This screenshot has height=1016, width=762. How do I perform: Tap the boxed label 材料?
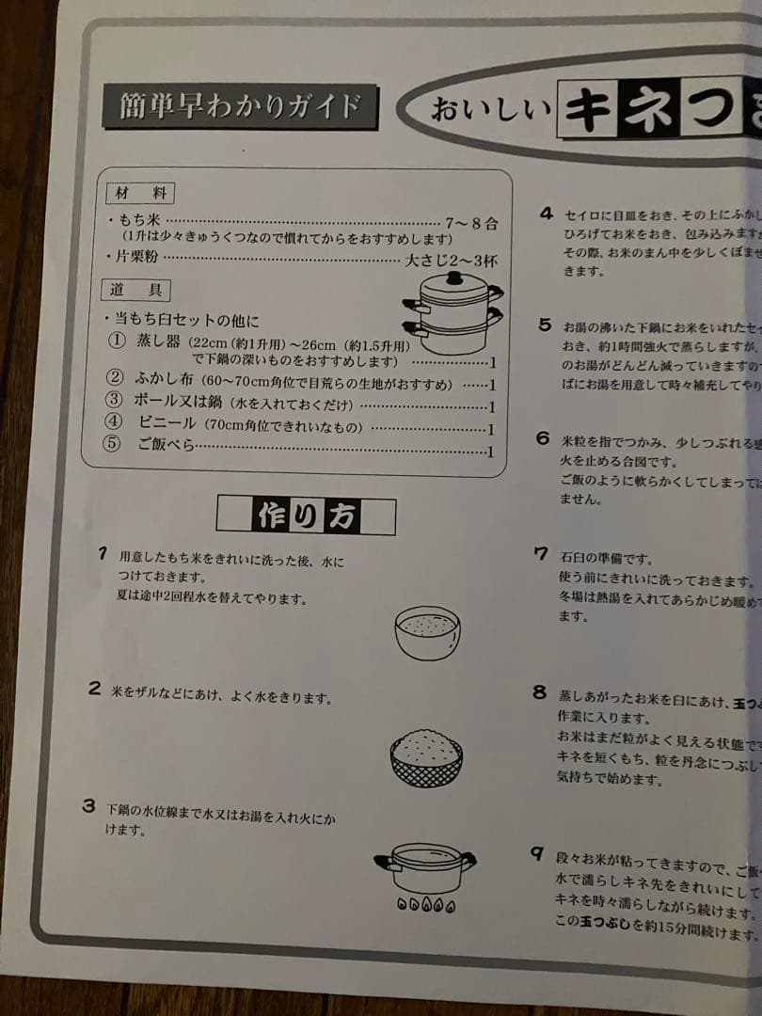pos(138,193)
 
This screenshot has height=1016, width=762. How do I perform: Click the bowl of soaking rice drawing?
pos(428,631)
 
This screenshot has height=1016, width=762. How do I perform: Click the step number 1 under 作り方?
pos(103,553)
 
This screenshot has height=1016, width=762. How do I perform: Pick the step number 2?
pos(94,688)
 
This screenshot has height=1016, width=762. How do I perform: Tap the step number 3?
pos(88,806)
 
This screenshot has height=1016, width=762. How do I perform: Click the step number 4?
pos(546,214)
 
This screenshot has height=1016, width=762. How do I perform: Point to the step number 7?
pos(541,552)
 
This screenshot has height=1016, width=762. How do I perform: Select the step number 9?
pos(536,854)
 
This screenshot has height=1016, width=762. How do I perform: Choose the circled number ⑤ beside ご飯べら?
pos(113,445)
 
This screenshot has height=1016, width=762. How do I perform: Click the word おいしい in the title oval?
pos(490,109)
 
